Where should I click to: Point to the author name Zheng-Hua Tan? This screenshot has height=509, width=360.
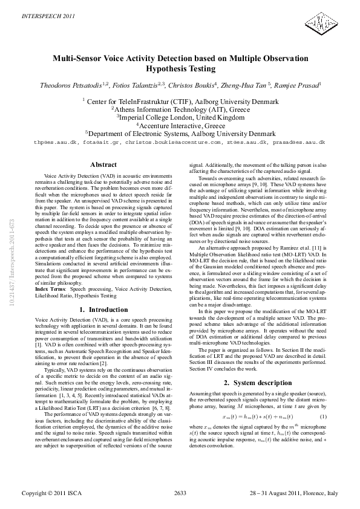point(251,86)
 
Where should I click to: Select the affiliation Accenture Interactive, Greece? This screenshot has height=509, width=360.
point(181,126)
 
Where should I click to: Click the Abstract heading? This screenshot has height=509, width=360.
point(103,164)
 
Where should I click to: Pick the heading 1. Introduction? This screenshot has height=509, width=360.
point(103,310)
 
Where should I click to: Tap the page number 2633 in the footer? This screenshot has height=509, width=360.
point(180,494)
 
